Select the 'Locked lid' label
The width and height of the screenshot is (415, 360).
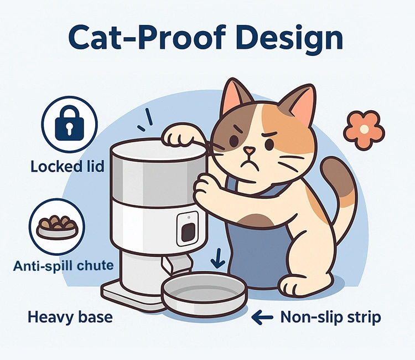coord(68,166)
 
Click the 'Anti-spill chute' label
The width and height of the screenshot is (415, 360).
coord(63,266)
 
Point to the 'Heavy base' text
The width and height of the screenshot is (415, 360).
coord(70,317)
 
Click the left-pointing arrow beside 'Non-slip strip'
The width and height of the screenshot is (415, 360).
coord(262,317)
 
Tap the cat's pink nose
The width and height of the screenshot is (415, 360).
coord(251,151)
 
